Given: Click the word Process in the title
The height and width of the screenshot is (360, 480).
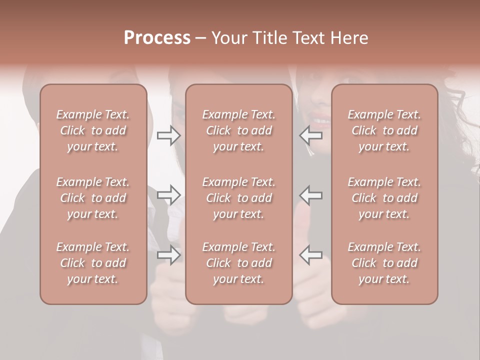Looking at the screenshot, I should [x=157, y=38].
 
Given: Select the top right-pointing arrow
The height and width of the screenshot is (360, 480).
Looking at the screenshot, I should [x=169, y=135].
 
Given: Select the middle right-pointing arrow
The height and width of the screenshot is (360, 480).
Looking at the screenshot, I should [x=169, y=195].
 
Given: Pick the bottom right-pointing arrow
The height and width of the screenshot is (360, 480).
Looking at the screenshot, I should [x=169, y=255].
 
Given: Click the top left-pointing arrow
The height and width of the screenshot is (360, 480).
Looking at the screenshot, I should [x=310, y=135].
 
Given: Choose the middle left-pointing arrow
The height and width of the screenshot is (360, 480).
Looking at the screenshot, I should [x=310, y=195].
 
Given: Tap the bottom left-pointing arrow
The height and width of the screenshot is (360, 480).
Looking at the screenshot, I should [x=310, y=255].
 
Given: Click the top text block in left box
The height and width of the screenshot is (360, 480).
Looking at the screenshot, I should [x=93, y=130].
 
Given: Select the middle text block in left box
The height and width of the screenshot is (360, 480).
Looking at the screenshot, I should [x=93, y=198].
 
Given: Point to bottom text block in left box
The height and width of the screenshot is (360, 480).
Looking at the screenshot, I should [x=93, y=263].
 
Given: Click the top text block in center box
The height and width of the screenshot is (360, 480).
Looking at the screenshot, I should [x=239, y=130].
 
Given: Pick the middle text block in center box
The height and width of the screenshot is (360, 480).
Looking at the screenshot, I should [x=239, y=198].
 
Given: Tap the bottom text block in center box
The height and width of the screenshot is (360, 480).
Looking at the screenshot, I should [x=239, y=263].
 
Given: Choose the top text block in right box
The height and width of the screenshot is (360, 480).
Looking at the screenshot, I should [x=384, y=130].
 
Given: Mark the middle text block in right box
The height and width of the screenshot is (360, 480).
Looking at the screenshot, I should [x=384, y=198].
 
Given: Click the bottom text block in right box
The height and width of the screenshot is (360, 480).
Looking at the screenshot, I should [x=384, y=263].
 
